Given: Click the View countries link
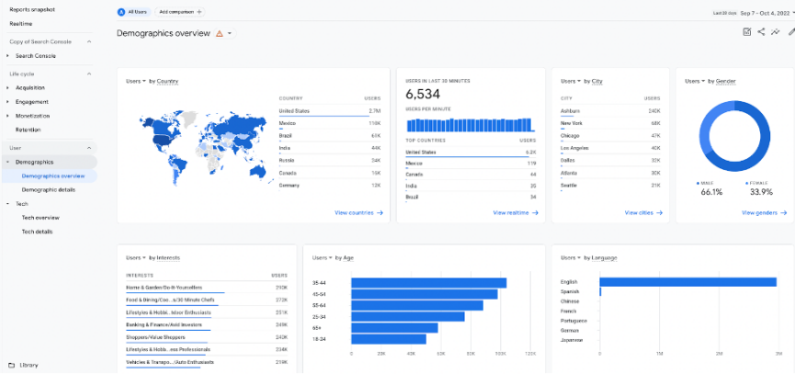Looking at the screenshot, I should pos(358,212).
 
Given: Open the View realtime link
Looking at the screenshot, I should pos(516,212).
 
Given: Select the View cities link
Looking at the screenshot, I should pos(642,212).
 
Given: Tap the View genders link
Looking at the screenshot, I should pos(762,212).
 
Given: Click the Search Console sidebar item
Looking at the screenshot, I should pos(36,56).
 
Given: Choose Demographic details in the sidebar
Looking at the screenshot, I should pos(49,189).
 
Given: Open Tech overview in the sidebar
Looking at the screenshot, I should pos(40,218).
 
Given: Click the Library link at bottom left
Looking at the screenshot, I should pos(28,365).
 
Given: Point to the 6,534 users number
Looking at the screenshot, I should pos(423,95).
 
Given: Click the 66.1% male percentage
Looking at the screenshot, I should pos(711,192).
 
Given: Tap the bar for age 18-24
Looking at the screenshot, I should pos(388,338).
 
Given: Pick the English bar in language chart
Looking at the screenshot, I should pos(689,281).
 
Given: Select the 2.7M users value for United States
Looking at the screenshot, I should pos(374,110).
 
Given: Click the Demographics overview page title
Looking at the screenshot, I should pos(164,33).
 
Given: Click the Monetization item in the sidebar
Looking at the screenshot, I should pos(32,116).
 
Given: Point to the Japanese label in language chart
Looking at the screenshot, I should pos(572,340).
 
